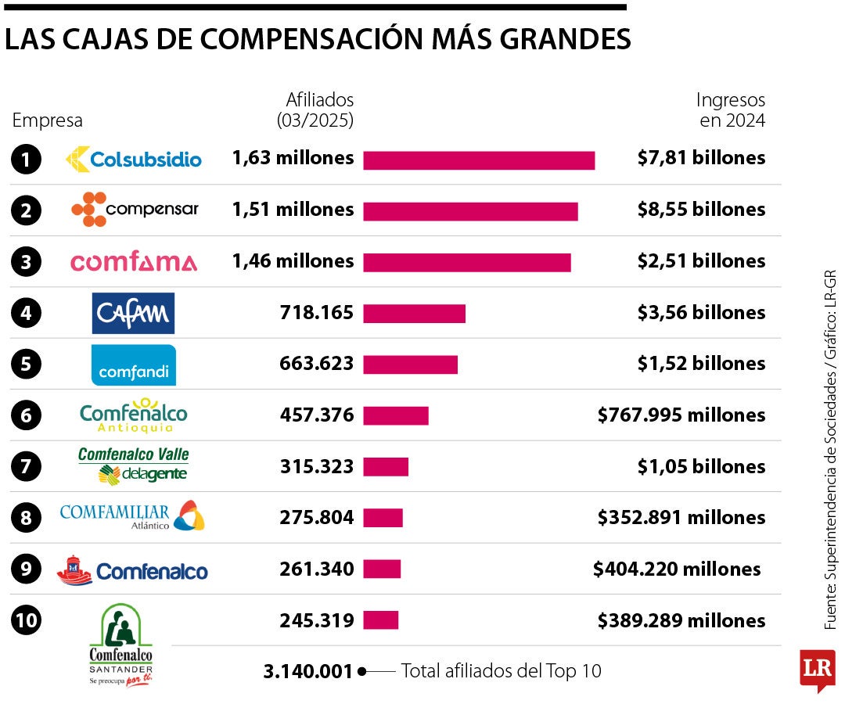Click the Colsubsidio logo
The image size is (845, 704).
pyautogui.click(x=134, y=159)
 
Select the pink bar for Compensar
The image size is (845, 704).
pyautogui.click(x=470, y=211)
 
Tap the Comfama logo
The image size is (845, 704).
pyautogui.click(x=134, y=262)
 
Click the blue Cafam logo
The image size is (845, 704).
pyautogui.click(x=133, y=313)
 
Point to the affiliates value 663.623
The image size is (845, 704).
pyautogui.click(x=316, y=364)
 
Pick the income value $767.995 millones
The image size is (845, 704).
pyautogui.click(x=681, y=415)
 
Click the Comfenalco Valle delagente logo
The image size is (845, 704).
pyautogui.click(x=134, y=465)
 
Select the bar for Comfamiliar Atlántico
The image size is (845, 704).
pyautogui.click(x=383, y=518)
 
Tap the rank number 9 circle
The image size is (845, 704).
pyautogui.click(x=26, y=569)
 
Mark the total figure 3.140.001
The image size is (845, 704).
pyautogui.click(x=308, y=671)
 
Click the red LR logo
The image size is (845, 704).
pyautogui.click(x=817, y=669)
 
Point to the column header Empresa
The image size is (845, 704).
pyautogui.click(x=47, y=120)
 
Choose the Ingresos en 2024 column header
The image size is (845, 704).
pyautogui.click(x=731, y=110)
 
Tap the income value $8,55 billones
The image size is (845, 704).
pyautogui.click(x=701, y=210)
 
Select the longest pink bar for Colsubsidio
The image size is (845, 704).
pyautogui.click(x=479, y=160)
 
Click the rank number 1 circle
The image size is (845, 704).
pyautogui.click(x=26, y=160)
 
